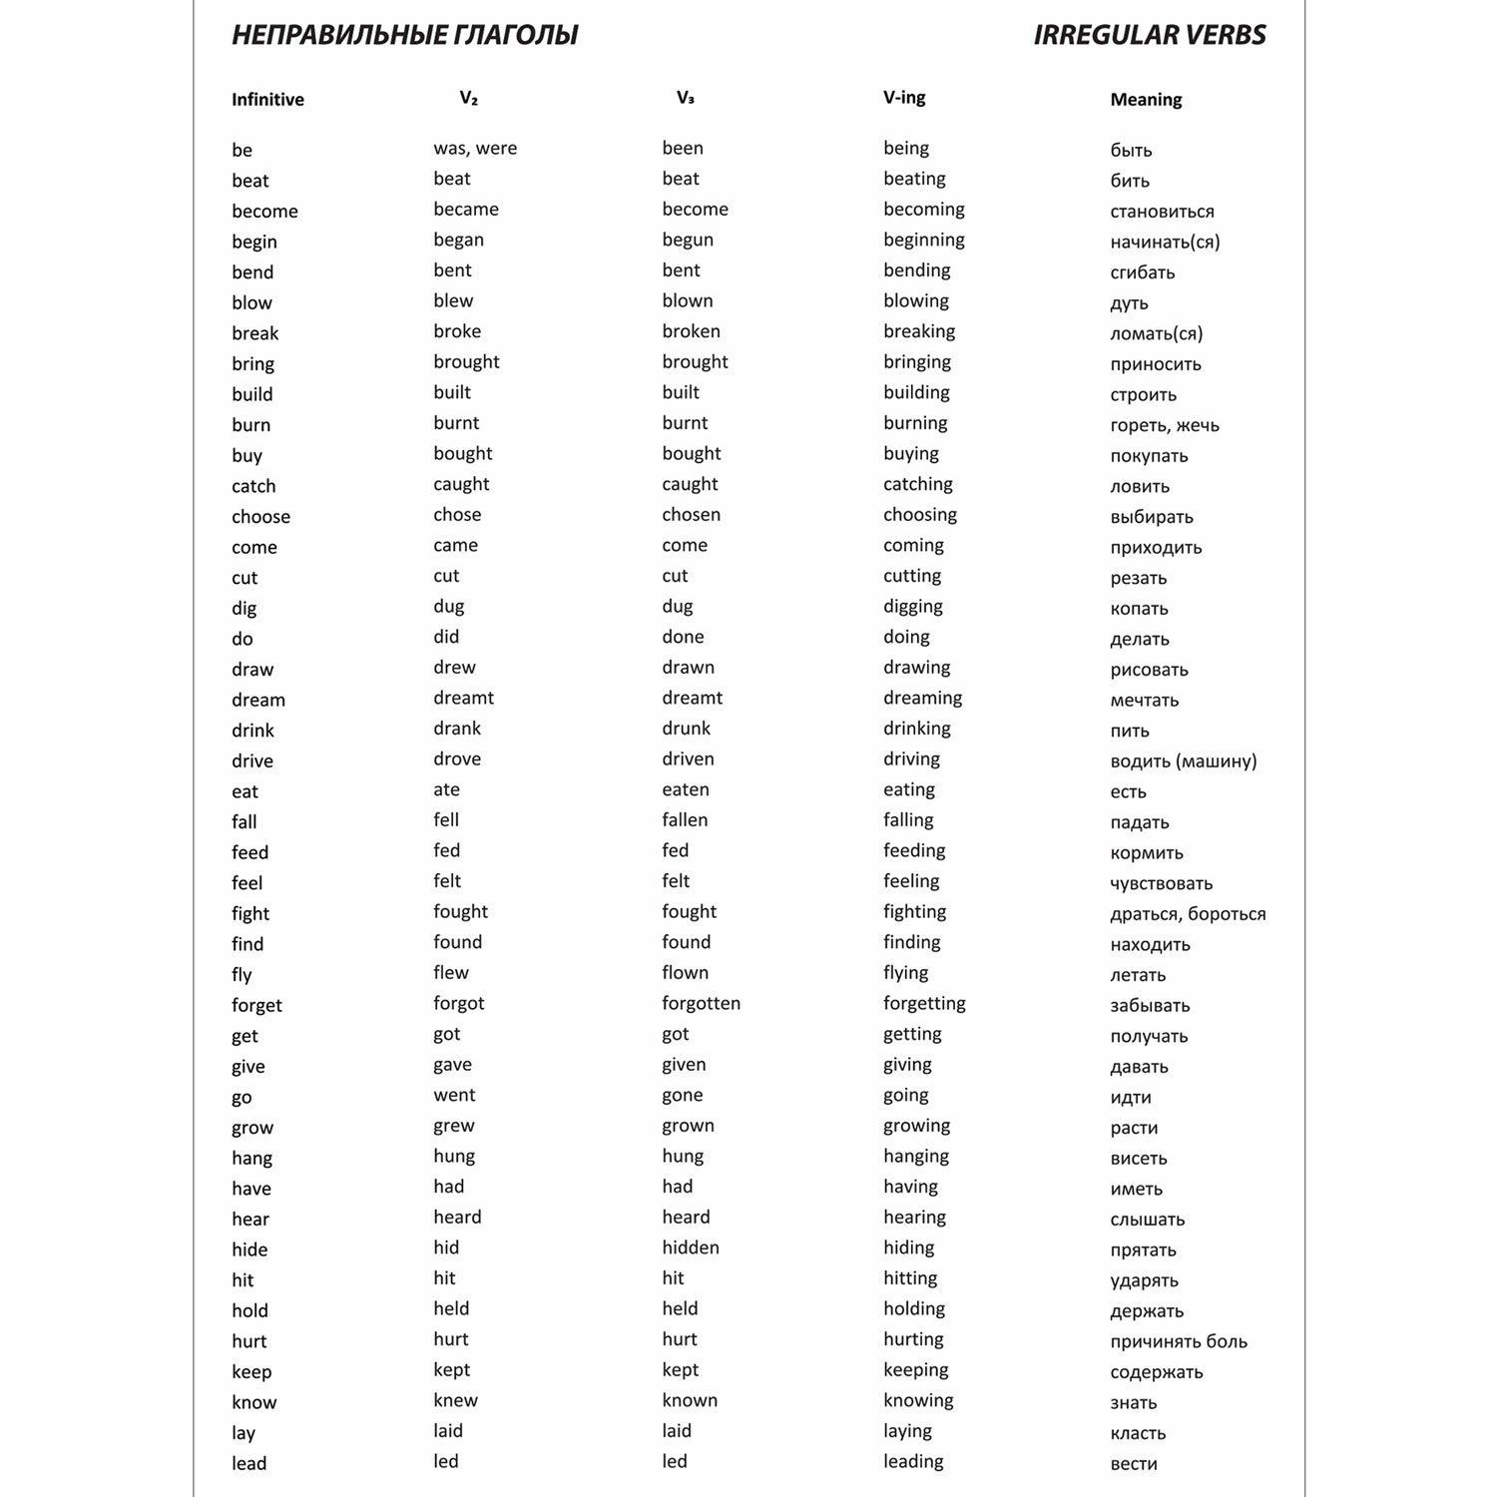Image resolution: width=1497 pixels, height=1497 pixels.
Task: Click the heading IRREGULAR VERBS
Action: pyautogui.click(x=1149, y=36)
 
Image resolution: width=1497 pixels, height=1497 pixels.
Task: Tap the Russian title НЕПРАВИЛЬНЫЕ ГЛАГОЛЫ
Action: pyautogui.click(x=404, y=36)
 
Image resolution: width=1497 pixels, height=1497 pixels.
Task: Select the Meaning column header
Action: pyautogui.click(x=1146, y=100)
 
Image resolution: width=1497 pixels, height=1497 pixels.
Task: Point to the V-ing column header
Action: pyautogui.click(x=904, y=98)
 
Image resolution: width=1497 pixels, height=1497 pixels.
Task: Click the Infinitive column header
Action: pyautogui.click(x=267, y=100)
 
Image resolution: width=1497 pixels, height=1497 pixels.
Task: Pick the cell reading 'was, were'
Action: pyautogui.click(x=475, y=149)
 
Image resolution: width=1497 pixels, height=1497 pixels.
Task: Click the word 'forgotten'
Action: pyautogui.click(x=701, y=1004)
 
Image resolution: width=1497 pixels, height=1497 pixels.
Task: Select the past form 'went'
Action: pyautogui.click(x=454, y=1096)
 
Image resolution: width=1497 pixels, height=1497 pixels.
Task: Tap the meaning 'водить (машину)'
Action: pyautogui.click(x=1183, y=761)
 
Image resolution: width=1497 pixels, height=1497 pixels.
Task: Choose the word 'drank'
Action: pyautogui.click(x=457, y=729)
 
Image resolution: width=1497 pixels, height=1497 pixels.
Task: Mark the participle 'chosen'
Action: pyautogui.click(x=691, y=515)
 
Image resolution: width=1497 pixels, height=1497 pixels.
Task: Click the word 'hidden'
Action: pyautogui.click(x=690, y=1247)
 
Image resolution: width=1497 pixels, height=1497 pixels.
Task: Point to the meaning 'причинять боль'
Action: pyautogui.click(x=1178, y=1341)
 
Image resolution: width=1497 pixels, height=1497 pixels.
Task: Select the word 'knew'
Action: pyautogui.click(x=455, y=1400)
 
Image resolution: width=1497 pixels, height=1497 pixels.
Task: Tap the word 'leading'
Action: pyautogui.click(x=913, y=1461)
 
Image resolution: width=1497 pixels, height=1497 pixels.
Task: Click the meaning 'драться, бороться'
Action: pyautogui.click(x=1188, y=914)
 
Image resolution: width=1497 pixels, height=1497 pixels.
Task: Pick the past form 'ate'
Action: pyautogui.click(x=446, y=789)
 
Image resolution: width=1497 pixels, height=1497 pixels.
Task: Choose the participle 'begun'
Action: pyautogui.click(x=688, y=240)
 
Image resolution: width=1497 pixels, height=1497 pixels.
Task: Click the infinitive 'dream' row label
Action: pyautogui.click(x=258, y=701)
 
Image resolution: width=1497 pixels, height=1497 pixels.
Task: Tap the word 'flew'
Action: pyautogui.click(x=450, y=973)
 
